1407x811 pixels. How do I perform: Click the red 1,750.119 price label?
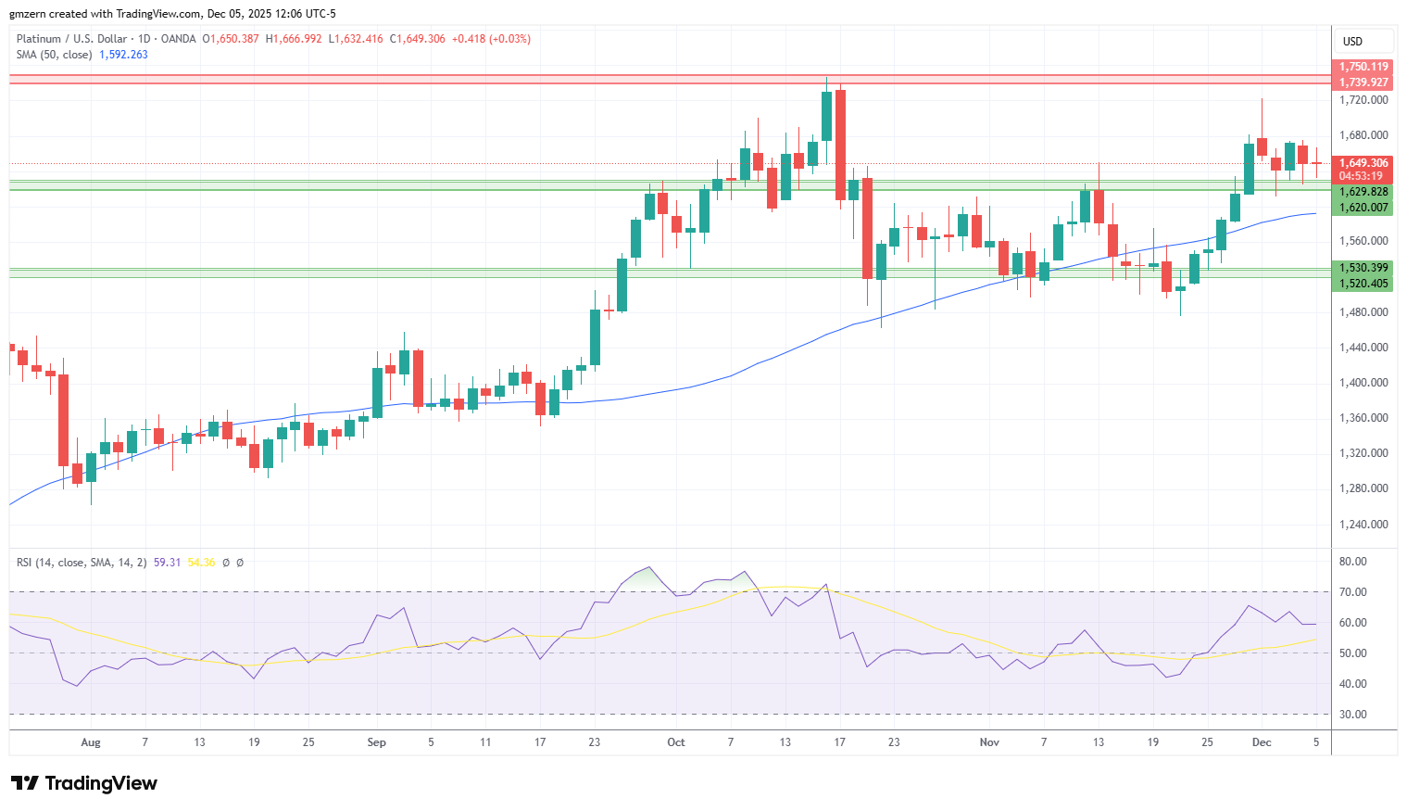pos(1363,67)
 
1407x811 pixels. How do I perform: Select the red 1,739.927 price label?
pos(1363,82)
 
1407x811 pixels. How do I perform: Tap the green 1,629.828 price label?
pos(1363,192)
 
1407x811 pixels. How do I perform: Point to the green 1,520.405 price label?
pos(1363,284)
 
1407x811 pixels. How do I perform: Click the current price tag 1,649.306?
pos(1363,163)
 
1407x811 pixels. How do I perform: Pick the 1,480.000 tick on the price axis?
pos(1363,311)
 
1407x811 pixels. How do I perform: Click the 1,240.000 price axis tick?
pos(1363,525)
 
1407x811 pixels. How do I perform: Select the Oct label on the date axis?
pos(676,742)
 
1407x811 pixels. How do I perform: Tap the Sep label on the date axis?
pos(376,742)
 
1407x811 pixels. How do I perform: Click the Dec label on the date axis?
pos(1262,742)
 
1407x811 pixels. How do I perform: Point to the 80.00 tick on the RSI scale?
pos(1353,562)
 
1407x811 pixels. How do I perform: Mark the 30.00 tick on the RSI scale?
pos(1353,715)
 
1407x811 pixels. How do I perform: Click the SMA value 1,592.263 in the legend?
pos(124,55)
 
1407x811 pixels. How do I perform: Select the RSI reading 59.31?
pos(167,563)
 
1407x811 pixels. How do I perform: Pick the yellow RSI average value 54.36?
pos(201,563)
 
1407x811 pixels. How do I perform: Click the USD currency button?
pos(1353,42)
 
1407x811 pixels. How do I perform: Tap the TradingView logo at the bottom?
pos(84,783)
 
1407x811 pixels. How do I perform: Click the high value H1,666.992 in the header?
pos(294,39)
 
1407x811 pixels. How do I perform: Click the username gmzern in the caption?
pos(28,14)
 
